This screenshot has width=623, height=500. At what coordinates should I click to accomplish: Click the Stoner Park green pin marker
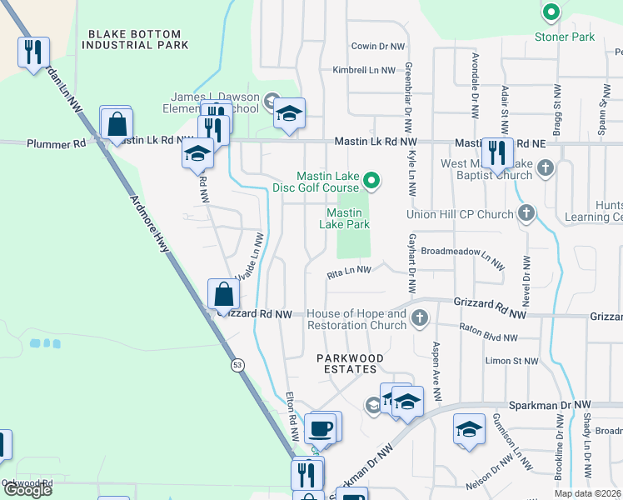(x=551, y=12)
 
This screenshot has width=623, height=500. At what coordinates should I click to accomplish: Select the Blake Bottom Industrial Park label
(x=137, y=38)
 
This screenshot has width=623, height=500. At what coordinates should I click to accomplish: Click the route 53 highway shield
(x=237, y=365)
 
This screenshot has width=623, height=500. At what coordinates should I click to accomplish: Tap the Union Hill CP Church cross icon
(x=526, y=214)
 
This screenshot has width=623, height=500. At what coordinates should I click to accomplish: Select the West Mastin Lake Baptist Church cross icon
(x=545, y=169)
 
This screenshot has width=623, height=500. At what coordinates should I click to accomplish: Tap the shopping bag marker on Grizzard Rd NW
(x=223, y=294)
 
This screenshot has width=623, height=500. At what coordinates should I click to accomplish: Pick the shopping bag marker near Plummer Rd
(x=117, y=126)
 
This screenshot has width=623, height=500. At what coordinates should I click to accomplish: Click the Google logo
(x=27, y=490)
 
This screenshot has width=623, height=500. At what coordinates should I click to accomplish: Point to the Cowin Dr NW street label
(x=378, y=47)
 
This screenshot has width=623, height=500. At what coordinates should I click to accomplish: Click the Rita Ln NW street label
(x=348, y=270)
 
